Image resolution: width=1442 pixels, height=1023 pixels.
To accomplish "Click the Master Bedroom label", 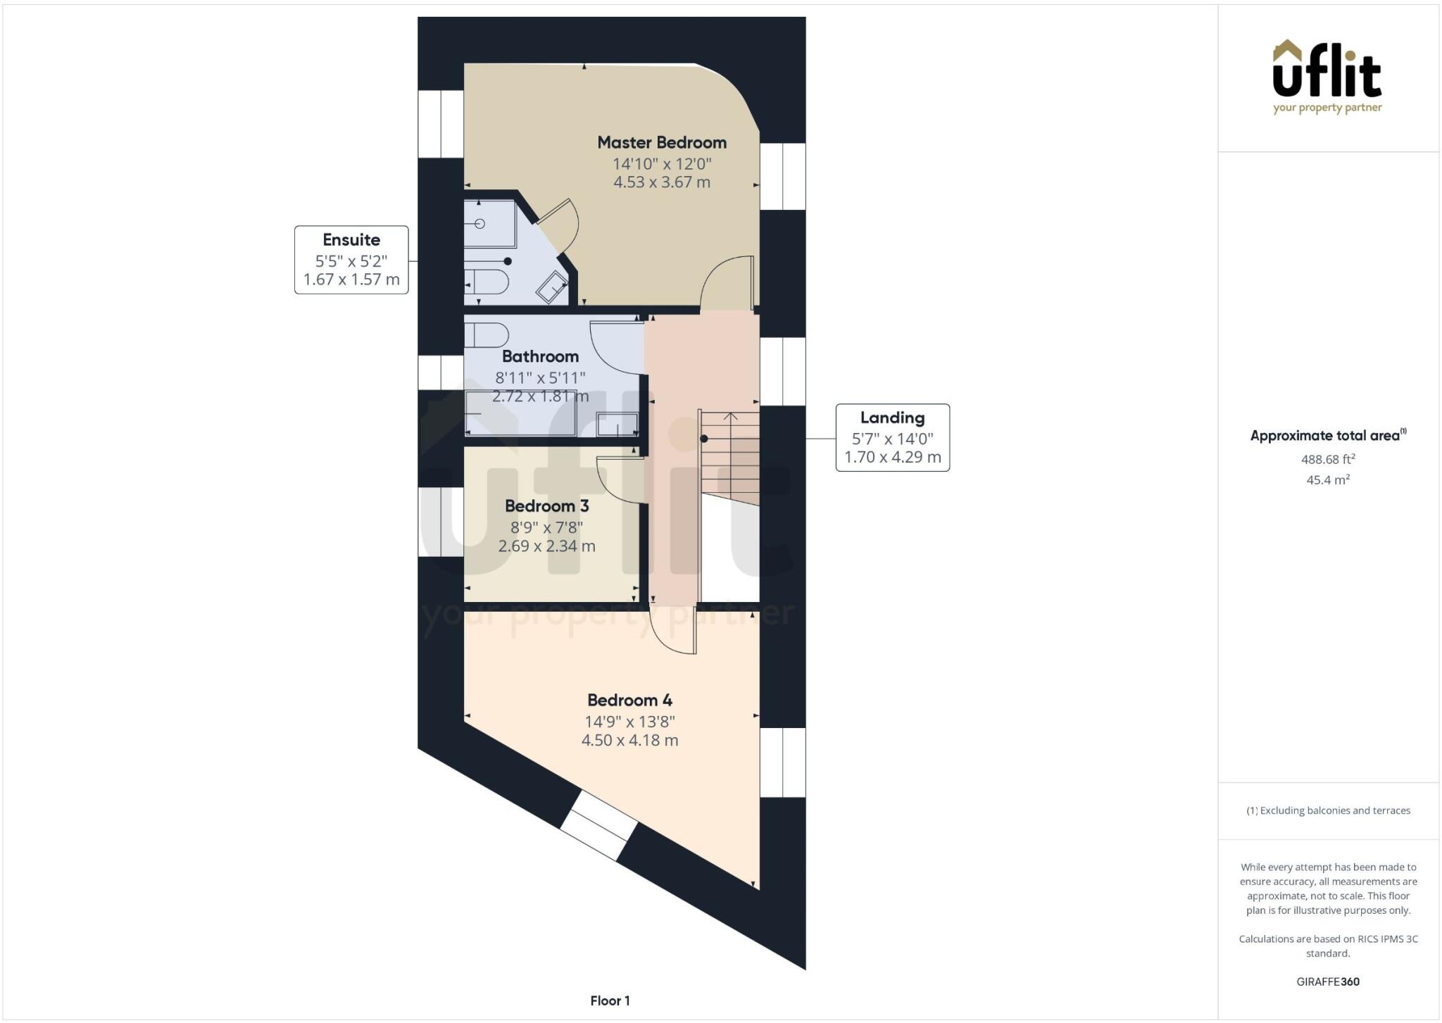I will pos(661,143).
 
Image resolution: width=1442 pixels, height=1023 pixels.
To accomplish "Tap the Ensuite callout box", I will pos(351,260).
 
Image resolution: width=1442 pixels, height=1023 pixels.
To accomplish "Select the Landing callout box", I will pos(892,437).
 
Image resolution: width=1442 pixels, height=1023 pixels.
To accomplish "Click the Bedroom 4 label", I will pos(629,701).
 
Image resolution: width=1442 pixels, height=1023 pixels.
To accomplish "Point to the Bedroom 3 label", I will pos(546,506).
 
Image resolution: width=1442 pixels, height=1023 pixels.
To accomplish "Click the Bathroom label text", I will pos(540,357).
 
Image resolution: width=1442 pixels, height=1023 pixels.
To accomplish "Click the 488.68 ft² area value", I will pos(1327,459).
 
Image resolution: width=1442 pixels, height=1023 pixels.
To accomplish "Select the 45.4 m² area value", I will pos(1327,480).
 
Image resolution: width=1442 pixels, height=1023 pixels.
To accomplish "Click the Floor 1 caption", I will pos(610,1000).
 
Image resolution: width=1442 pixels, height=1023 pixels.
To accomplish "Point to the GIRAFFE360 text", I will pos(1327,981).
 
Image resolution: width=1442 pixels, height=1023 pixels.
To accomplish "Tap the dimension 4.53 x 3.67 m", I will pos(661,182).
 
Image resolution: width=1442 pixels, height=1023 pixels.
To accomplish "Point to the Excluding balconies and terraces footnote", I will pos(1328,810).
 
